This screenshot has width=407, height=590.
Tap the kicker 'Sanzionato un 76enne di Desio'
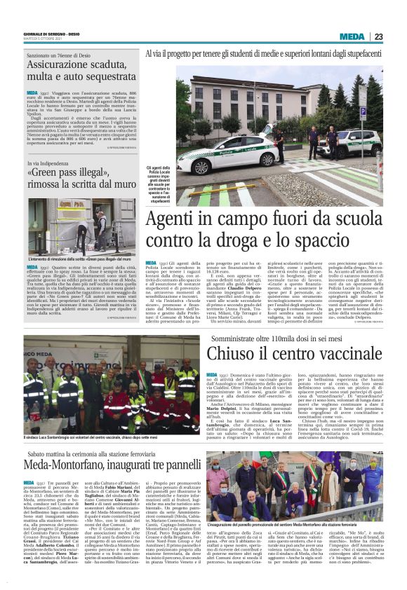(67, 52)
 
